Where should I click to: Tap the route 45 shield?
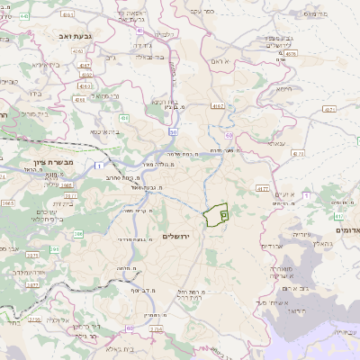tap(141, 30)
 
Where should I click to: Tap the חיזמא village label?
tap(283, 88)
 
